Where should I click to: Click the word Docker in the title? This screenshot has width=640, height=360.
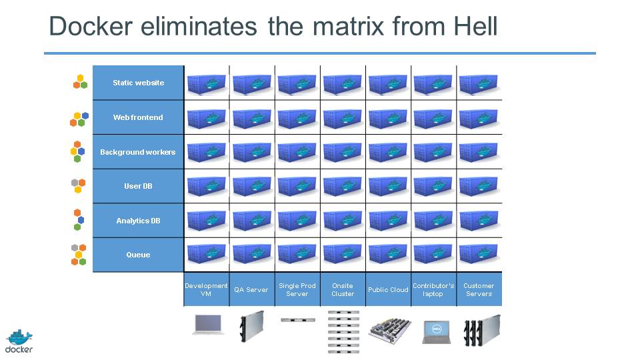[x=91, y=26]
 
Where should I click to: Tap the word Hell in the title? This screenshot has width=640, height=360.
[x=475, y=26]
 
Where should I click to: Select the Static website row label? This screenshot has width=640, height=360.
[x=139, y=83]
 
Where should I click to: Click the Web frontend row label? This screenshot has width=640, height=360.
[x=138, y=117]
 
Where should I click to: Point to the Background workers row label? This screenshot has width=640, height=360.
[x=137, y=152]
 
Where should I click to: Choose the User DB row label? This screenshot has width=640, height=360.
[x=138, y=186]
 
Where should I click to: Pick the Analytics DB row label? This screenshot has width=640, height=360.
[x=138, y=221]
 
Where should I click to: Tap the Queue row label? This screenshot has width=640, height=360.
[x=138, y=255]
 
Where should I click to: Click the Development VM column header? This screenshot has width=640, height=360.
[x=206, y=289]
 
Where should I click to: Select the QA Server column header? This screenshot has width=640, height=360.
[x=251, y=289]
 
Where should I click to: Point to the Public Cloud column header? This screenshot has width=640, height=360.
[x=388, y=289]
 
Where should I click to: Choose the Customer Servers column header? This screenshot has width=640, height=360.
[x=479, y=289]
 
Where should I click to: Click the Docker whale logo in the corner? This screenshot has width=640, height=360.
[x=19, y=341]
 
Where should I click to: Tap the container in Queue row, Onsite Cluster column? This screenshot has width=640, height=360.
[x=343, y=253]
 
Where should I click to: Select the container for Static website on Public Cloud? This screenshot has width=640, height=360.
[x=388, y=84]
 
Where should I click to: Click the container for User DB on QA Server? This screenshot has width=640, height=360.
[x=251, y=187]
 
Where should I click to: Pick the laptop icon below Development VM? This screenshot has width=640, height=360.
[x=208, y=325]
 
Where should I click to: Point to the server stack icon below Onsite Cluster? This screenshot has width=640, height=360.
[x=343, y=332]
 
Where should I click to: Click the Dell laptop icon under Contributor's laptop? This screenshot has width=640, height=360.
[x=436, y=332]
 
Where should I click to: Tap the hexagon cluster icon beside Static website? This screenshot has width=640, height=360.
[x=81, y=81]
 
